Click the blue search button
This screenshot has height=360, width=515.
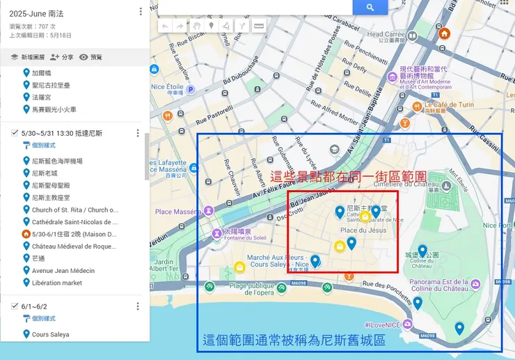(370, 7)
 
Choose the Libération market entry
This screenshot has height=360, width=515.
(56, 283)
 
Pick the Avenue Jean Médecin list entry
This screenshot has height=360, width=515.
(63, 271)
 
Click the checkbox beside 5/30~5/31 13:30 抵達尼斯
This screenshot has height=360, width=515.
(15, 133)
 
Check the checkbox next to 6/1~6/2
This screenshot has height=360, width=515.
(15, 306)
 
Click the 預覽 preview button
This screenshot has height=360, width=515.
(90, 57)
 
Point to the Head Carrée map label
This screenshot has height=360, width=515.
(386, 34)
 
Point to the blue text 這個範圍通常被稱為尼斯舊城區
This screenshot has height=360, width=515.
(294, 342)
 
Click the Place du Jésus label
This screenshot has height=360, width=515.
(363, 230)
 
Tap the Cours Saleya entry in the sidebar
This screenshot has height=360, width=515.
(50, 334)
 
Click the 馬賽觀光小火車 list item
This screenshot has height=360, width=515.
(54, 109)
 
